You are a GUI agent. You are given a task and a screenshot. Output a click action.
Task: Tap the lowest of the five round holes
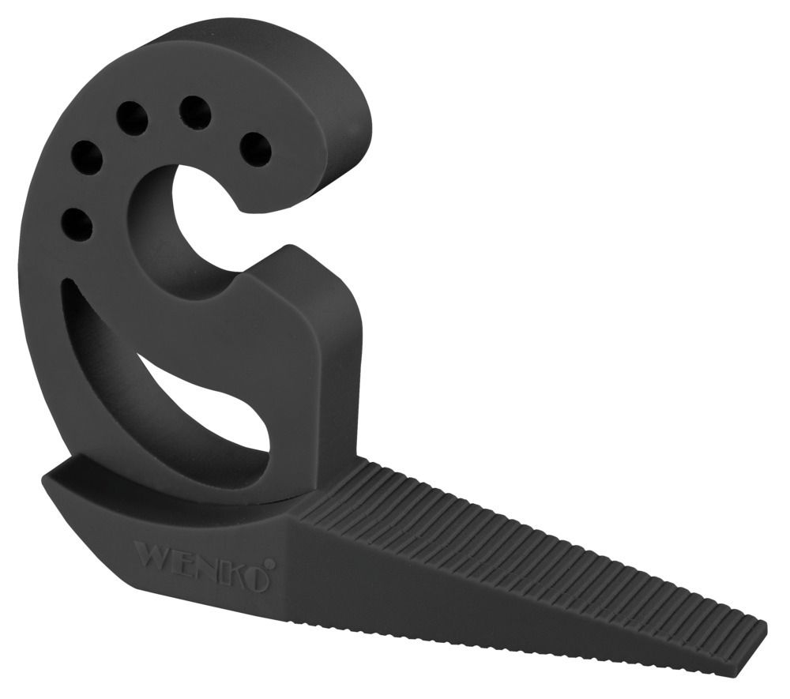(x=76, y=224)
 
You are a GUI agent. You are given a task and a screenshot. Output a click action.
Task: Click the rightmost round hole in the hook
(x=254, y=148)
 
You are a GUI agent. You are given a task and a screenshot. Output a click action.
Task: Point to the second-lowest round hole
(x=85, y=158)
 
